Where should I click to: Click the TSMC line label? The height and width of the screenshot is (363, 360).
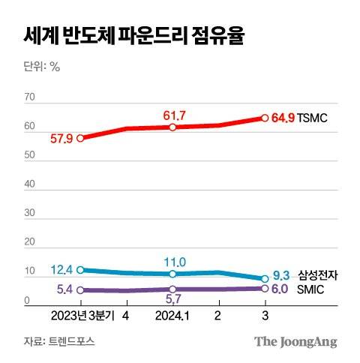pyautogui.click(x=313, y=118)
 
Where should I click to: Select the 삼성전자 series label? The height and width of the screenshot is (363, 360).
pyautogui.click(x=317, y=276)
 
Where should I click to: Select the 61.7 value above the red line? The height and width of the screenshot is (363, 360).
pyautogui.click(x=173, y=114)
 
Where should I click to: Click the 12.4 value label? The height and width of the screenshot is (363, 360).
pyautogui.click(x=61, y=269)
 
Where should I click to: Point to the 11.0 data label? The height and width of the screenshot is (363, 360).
pyautogui.click(x=173, y=261)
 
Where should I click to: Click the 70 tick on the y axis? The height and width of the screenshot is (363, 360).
pyautogui.click(x=30, y=97)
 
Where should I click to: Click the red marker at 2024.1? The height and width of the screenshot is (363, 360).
pyautogui.click(x=173, y=127)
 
